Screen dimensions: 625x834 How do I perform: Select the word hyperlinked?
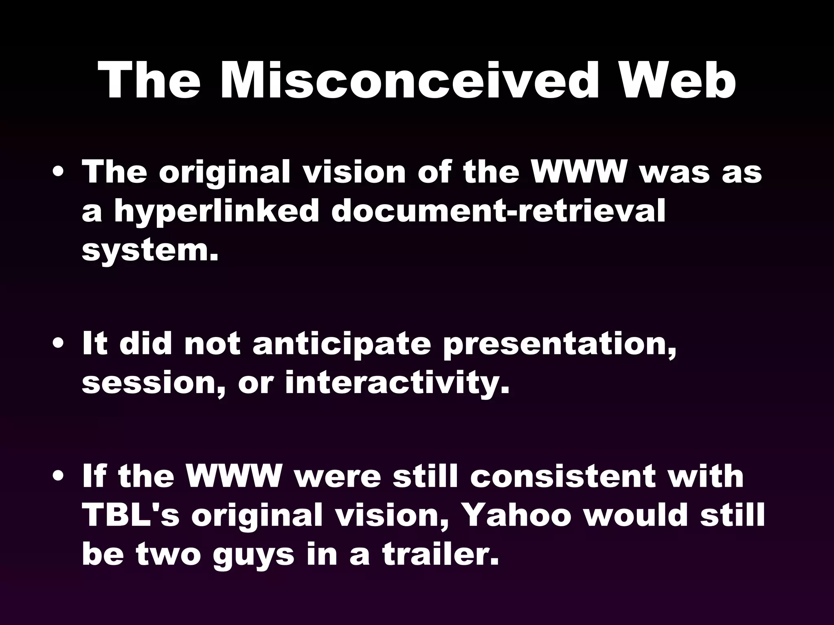tap(216, 211)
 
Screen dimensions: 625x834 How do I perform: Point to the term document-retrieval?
tap(498, 211)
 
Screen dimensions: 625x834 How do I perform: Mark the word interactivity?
tap(397, 383)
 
